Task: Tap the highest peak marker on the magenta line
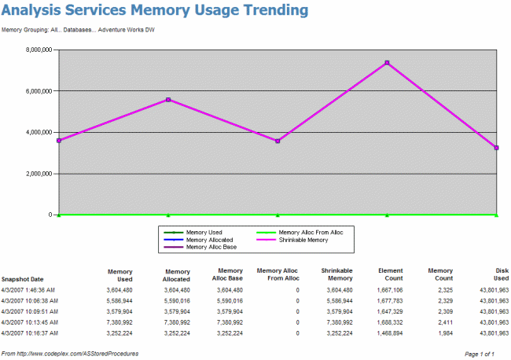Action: (x=387, y=62)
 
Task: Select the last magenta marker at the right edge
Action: (x=496, y=148)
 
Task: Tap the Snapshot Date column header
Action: (x=22, y=279)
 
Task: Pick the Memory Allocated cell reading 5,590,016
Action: (x=175, y=300)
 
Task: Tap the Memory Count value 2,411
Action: (x=441, y=321)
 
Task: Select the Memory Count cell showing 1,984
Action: (x=441, y=332)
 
